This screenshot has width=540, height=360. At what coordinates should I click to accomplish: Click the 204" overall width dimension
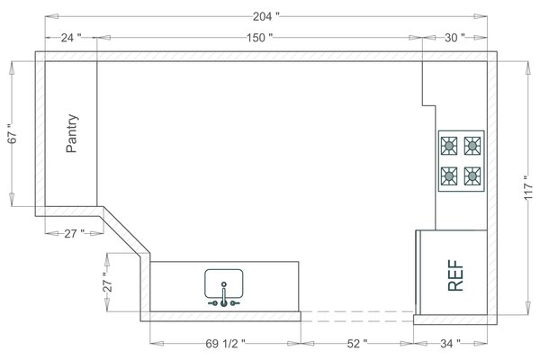tap(265, 16)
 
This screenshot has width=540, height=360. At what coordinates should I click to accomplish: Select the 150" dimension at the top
tap(258, 38)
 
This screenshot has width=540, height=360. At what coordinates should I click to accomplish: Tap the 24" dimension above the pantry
tap(71, 38)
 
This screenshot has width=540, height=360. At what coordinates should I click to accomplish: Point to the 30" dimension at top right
tap(454, 38)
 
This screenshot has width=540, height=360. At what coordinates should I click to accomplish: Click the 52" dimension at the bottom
tap(357, 343)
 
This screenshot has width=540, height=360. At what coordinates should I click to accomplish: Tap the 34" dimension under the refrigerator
tap(450, 343)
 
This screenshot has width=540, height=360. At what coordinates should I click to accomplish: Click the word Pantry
tap(72, 133)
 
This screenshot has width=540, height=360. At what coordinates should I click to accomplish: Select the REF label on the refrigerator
tap(456, 274)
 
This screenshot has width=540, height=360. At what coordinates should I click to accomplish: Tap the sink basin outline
tap(224, 283)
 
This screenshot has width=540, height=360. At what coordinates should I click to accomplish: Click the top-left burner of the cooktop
tap(449, 145)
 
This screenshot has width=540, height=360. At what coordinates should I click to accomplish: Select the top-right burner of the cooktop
tap(472, 145)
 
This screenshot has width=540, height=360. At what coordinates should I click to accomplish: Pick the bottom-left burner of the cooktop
tap(449, 175)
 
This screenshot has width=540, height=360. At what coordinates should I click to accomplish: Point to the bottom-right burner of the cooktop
tap(472, 175)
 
